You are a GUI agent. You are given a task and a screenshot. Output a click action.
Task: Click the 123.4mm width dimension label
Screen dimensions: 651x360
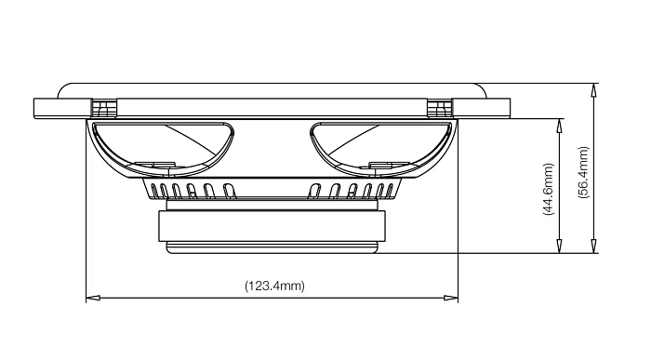tap(274, 287)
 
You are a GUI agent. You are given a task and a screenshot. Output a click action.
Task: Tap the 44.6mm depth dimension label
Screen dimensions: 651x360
tap(548, 190)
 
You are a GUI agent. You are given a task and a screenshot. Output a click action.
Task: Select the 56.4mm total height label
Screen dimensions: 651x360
tap(584, 172)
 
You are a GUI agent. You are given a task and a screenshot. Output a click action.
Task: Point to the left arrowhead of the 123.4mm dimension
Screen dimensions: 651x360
tap(93, 298)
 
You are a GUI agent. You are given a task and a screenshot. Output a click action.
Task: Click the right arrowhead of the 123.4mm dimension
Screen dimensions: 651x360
tap(451, 298)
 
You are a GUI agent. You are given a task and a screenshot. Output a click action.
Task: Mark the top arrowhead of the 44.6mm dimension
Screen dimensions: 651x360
tap(560, 126)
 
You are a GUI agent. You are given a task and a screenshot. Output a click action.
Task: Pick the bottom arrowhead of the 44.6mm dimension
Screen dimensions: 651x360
tap(560, 246)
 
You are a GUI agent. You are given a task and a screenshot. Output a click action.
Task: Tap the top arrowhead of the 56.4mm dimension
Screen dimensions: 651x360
tap(594, 90)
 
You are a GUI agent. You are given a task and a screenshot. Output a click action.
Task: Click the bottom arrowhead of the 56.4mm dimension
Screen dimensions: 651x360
tap(594, 246)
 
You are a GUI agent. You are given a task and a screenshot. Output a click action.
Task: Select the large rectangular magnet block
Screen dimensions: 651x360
tap(272, 226)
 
